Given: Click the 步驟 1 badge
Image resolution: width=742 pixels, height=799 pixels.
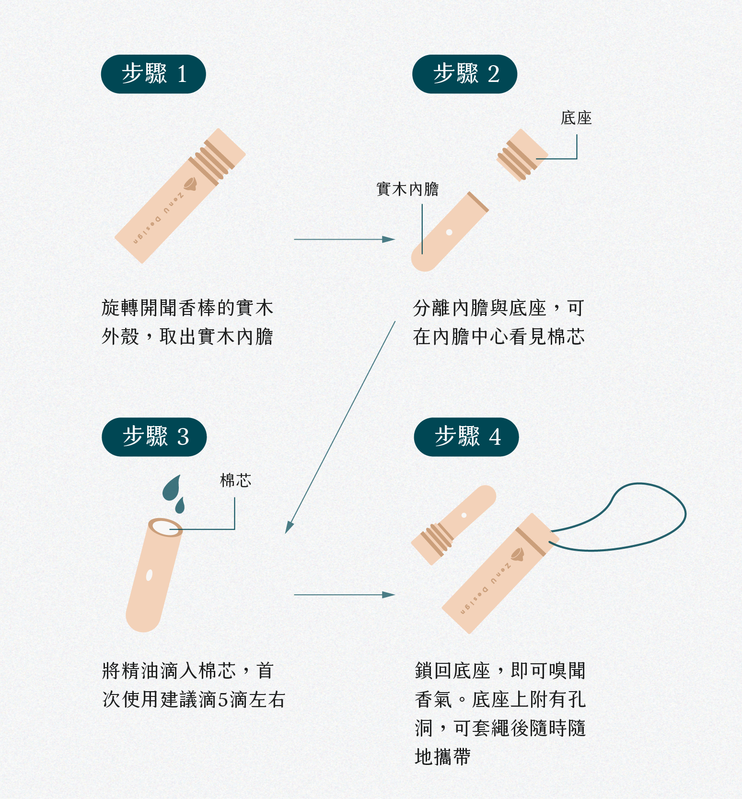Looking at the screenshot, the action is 153,74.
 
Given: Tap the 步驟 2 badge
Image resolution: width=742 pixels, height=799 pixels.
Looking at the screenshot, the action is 464,74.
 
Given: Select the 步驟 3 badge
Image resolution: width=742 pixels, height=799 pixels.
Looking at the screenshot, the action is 154,437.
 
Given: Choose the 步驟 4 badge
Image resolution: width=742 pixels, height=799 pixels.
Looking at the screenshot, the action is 466,437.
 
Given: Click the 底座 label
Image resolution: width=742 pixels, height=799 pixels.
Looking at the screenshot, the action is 576,118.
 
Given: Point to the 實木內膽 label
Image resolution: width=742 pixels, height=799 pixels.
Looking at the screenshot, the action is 407,189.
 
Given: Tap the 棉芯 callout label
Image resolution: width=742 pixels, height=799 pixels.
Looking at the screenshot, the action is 235,481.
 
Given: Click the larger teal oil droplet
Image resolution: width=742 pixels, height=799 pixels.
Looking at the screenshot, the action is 172,488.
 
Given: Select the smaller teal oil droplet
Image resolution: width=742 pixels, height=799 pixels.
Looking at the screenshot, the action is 180,506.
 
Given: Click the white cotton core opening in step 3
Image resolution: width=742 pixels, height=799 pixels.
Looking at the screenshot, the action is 165,528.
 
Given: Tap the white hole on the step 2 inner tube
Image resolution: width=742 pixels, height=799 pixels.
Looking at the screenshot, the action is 449,232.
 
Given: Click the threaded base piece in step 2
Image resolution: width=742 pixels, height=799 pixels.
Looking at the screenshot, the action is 522,155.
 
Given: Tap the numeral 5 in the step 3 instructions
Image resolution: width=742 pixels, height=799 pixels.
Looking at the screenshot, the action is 222,700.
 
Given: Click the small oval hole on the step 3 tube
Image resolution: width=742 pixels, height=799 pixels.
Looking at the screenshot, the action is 149,575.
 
